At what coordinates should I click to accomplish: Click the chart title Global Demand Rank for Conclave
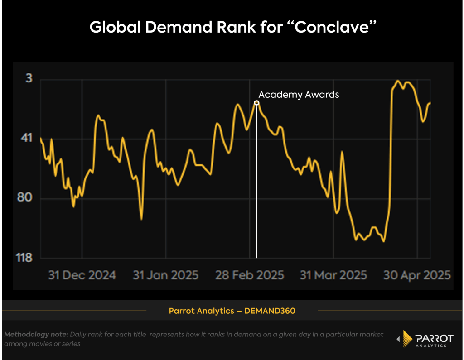[232, 27]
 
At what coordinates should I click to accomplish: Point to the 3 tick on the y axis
[29, 78]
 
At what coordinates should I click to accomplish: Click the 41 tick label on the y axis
[27, 138]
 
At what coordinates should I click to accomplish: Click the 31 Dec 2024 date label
[82, 275]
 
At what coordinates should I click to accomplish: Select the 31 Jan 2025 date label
[165, 275]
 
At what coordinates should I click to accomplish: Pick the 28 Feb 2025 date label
[251, 275]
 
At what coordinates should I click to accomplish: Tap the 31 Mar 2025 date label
[333, 275]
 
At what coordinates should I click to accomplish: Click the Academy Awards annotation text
[299, 95]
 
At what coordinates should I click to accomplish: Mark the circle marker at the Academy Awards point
[256, 103]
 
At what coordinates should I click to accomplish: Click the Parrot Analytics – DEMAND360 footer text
[232, 311]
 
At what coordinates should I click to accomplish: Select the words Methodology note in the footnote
[36, 335]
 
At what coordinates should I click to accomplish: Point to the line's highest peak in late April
[397, 81]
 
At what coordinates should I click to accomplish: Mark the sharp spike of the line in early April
[342, 152]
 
